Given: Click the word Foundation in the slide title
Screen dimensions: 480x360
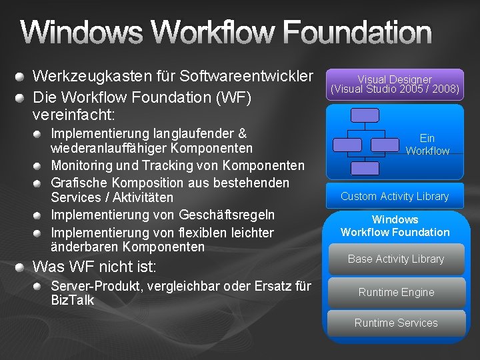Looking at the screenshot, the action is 357,33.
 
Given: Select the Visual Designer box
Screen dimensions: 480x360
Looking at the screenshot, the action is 395,84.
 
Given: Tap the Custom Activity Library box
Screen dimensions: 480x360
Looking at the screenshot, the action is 395,196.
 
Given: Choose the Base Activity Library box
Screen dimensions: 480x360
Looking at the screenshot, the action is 395,259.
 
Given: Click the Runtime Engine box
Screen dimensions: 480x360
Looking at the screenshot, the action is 395,292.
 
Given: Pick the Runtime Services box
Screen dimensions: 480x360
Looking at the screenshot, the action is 395,323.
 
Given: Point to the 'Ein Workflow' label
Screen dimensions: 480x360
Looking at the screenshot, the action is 427,145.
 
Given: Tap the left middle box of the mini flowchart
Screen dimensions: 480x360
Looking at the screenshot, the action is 347,143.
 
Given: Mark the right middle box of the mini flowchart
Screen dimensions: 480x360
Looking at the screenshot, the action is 383,143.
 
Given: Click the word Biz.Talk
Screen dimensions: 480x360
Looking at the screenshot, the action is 73,301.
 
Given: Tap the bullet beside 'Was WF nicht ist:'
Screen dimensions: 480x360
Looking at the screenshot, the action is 22,268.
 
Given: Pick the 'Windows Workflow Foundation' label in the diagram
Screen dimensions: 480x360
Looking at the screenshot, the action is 395,225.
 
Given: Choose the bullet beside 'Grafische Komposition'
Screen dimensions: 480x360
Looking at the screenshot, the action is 39,183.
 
